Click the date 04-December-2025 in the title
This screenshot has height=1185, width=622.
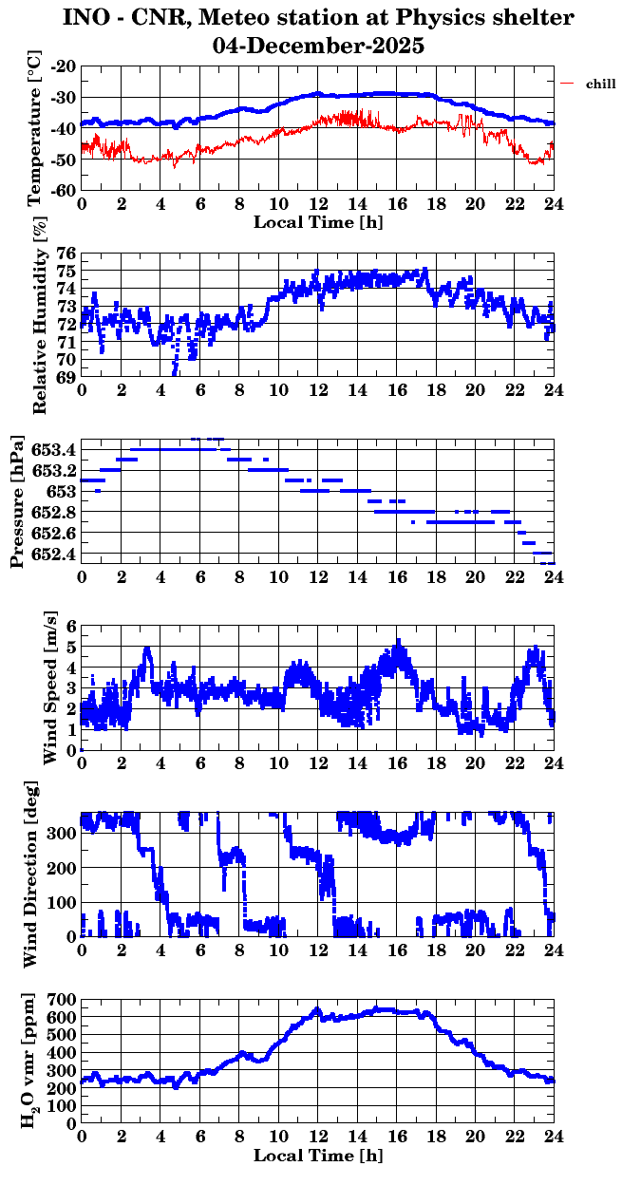[x=318, y=45]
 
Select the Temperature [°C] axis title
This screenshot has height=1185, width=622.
[x=36, y=128]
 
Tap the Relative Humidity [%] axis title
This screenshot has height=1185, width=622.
[x=39, y=316]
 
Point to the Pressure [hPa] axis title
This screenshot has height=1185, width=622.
[x=16, y=501]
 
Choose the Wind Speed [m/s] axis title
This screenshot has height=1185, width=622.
[x=50, y=688]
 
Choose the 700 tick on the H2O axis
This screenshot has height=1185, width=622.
[x=63, y=1000]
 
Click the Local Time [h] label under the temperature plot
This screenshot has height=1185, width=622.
[x=318, y=222]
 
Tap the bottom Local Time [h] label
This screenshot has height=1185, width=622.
[x=318, y=1156]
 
